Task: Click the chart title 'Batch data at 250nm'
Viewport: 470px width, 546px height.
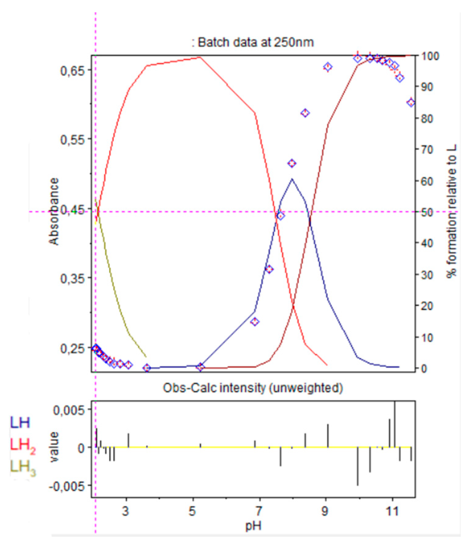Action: click(x=252, y=42)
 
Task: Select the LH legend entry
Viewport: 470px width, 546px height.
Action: click(x=20, y=423)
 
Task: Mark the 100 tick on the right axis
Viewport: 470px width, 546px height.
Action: click(x=431, y=56)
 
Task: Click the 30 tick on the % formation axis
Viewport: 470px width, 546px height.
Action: click(x=427, y=275)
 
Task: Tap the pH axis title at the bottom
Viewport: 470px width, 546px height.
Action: click(x=253, y=526)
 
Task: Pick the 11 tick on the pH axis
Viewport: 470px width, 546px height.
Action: click(x=392, y=512)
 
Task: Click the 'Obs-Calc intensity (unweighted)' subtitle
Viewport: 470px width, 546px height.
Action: click(x=253, y=388)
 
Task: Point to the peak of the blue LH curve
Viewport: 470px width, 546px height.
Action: click(x=292, y=179)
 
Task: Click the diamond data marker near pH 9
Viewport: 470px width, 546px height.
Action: click(x=328, y=67)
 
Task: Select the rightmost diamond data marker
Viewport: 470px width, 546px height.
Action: click(x=411, y=103)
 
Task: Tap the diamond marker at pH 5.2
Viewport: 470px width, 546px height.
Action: click(x=200, y=367)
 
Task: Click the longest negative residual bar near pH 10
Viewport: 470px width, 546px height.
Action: click(x=358, y=466)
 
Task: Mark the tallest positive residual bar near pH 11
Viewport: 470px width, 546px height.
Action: click(x=395, y=424)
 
